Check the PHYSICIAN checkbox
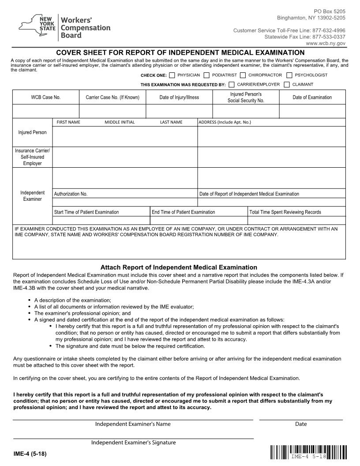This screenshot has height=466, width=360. click(x=172, y=75)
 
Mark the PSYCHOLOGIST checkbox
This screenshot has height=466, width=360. click(x=289, y=75)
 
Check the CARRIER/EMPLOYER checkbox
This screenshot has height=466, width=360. click(x=232, y=84)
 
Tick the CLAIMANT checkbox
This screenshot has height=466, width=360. click(x=287, y=84)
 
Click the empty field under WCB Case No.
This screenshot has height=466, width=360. click(x=45, y=111)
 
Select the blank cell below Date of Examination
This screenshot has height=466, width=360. click(x=312, y=111)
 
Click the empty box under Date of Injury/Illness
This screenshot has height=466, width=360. click(x=179, y=111)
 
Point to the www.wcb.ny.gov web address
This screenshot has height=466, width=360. click(x=326, y=44)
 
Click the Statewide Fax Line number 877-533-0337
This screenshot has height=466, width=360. click(x=329, y=37)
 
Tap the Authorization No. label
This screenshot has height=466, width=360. click(x=71, y=194)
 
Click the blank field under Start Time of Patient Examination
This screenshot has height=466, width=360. click(x=101, y=220)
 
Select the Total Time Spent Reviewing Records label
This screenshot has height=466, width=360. click(x=285, y=212)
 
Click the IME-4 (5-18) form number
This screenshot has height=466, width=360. click(x=30, y=454)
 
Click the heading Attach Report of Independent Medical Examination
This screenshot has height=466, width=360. click(x=179, y=267)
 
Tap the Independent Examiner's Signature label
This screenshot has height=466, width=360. click(x=133, y=443)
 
